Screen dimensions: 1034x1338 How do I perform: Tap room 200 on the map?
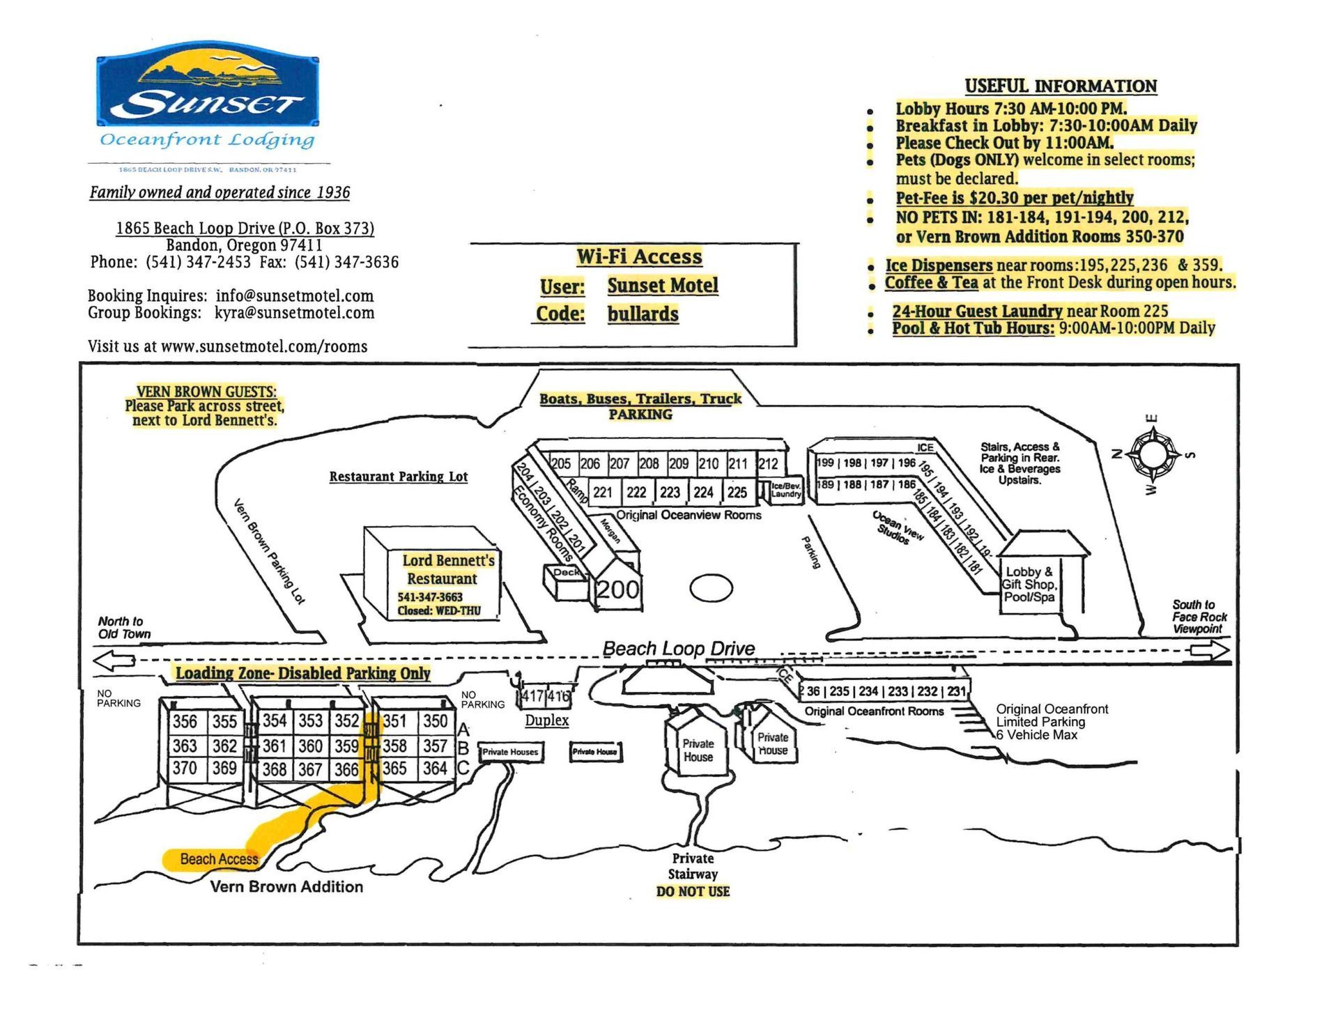pyautogui.click(x=617, y=589)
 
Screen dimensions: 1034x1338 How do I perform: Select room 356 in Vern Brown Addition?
pyautogui.click(x=185, y=722)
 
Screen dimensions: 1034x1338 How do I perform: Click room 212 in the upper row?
pyautogui.click(x=768, y=464)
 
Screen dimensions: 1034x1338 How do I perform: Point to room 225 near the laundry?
pyautogui.click(x=737, y=493)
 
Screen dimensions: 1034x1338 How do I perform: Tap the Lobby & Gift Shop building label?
pyautogui.click(x=1029, y=585)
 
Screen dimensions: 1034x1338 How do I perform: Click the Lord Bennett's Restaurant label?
pyautogui.click(x=447, y=569)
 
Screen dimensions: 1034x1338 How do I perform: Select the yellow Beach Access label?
pyautogui.click(x=218, y=859)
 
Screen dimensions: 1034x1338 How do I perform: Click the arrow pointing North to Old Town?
pyautogui.click(x=114, y=660)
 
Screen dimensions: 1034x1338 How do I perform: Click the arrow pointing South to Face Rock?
pyautogui.click(x=1210, y=651)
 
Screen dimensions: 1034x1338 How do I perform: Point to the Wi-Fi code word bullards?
pyautogui.click(x=643, y=314)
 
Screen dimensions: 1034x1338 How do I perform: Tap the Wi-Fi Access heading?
pyautogui.click(x=639, y=257)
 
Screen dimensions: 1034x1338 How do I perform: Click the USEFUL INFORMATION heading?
pyautogui.click(x=1061, y=86)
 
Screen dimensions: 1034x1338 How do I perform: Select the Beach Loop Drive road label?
pyautogui.click(x=679, y=649)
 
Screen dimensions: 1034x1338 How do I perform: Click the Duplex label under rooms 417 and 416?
pyautogui.click(x=546, y=720)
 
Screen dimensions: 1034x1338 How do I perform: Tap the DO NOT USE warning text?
pyautogui.click(x=693, y=891)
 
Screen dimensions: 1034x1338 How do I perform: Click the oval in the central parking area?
pyautogui.click(x=711, y=588)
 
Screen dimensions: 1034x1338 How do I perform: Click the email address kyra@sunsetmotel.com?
pyautogui.click(x=294, y=313)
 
